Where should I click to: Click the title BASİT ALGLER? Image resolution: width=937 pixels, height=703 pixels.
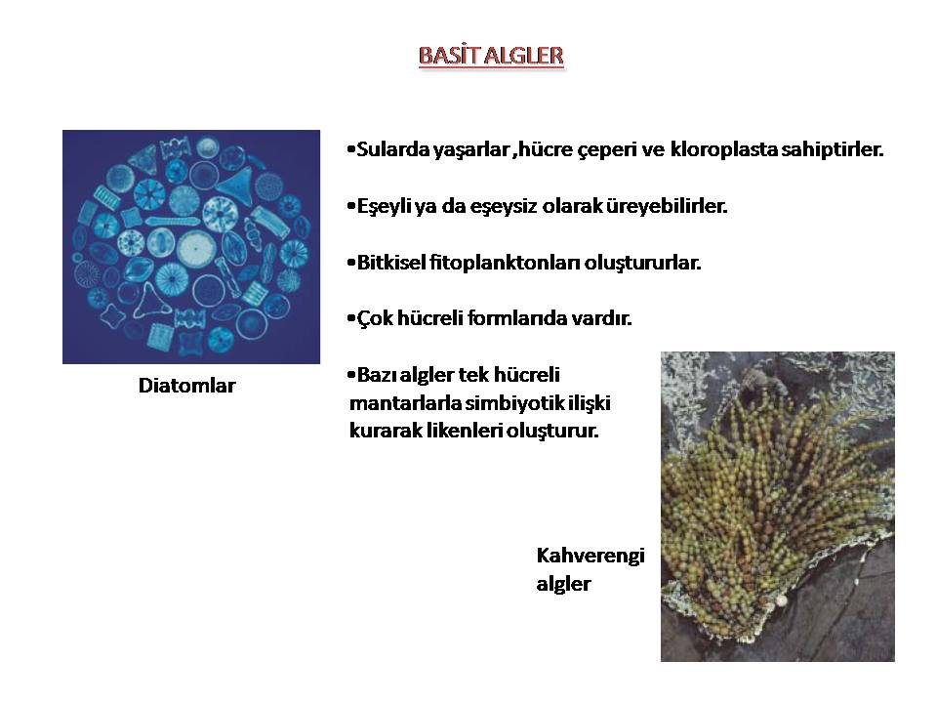pos(491,56)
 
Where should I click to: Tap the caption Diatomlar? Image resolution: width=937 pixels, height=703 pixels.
pos(187,386)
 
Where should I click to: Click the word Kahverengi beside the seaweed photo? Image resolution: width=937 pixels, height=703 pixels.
pos(591,556)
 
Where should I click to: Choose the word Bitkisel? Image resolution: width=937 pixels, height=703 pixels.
pos(391,263)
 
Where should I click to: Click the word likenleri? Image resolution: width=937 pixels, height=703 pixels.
pos(465,431)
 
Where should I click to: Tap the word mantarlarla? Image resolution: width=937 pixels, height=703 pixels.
pos(406,403)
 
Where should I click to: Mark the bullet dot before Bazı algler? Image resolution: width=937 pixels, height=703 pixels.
pos(350,375)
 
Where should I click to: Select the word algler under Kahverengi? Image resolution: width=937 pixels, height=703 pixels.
pos(563,584)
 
